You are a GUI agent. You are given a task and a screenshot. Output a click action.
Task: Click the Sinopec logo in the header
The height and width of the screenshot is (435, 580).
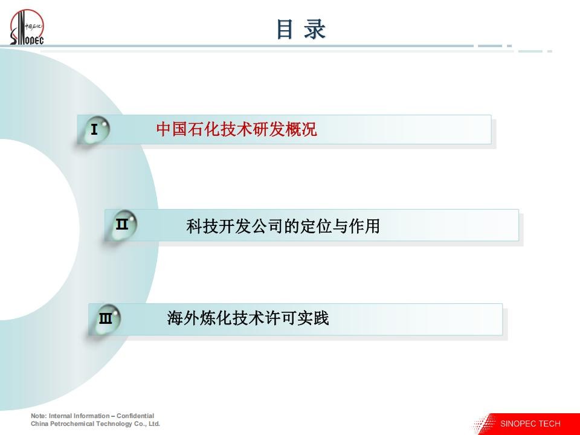pos(27,27)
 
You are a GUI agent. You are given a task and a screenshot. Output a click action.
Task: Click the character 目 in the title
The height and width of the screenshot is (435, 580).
pos(285,30)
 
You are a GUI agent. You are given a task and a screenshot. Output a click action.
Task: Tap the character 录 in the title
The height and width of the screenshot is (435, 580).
pos(315,30)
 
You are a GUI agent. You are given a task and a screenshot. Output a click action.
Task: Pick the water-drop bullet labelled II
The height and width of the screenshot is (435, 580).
pos(123,225)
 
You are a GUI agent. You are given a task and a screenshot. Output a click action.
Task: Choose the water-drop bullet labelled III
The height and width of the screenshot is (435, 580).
pos(108,319)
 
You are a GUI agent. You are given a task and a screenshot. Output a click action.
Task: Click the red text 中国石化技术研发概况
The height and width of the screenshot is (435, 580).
pos(236,129)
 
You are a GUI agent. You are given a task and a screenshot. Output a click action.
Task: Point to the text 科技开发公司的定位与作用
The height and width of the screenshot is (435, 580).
pos(283,226)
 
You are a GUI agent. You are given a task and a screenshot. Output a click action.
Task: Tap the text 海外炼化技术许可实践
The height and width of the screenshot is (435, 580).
pos(248,318)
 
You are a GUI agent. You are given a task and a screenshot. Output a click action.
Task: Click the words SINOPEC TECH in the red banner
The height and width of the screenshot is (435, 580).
pos(530,424)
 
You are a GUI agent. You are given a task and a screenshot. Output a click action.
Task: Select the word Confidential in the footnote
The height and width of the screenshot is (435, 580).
pos(135,416)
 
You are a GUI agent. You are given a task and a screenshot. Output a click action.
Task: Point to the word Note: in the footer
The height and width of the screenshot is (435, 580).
pos(39,416)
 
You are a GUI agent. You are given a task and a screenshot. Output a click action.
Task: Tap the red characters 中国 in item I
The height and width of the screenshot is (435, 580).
pos(172,129)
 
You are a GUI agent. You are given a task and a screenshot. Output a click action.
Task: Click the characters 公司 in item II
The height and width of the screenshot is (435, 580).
pos(267,226)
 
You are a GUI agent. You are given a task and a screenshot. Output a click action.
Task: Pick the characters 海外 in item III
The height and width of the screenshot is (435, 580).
pos(182,318)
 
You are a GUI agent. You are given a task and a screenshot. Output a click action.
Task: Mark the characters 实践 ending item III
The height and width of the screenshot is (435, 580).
pos(313,318)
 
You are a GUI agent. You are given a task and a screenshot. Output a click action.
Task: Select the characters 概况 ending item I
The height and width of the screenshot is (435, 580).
pos(301,129)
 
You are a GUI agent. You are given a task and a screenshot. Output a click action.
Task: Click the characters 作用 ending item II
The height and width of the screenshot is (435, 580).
pos(364,226)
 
